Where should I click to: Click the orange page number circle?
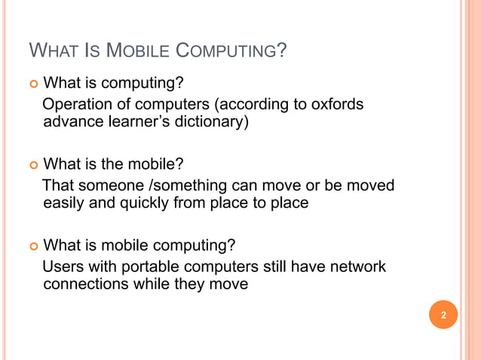pos(444,315)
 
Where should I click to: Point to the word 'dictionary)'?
pos(210,121)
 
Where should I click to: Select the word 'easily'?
pos(66,203)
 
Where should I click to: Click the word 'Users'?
pos(65,267)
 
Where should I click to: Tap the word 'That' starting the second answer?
pos(58,185)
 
